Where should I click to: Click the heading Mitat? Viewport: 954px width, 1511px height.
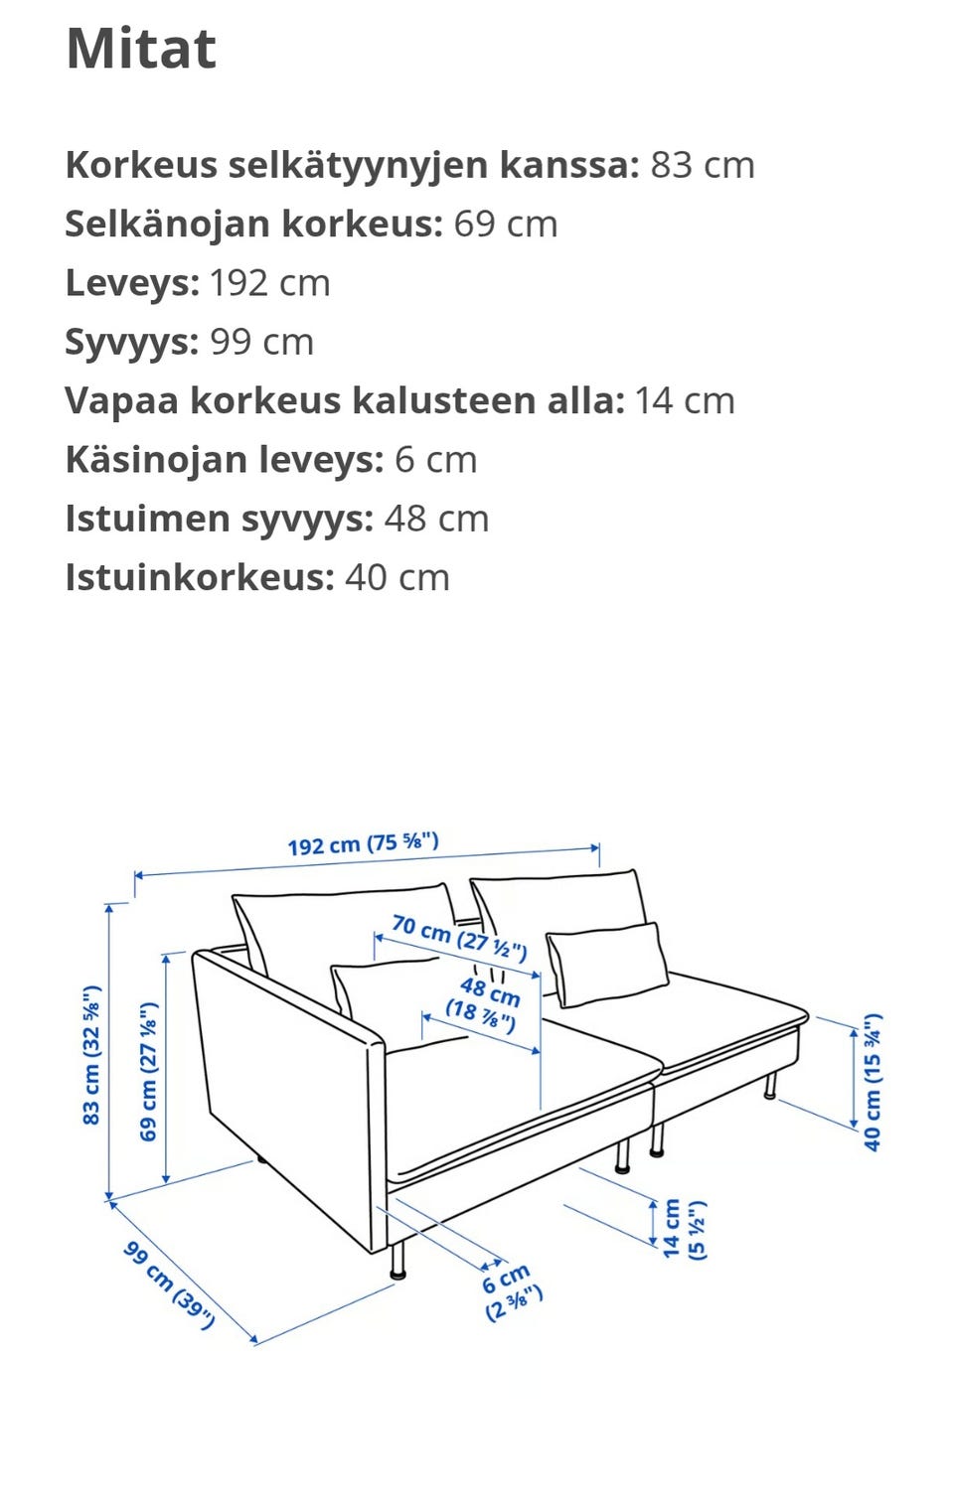point(141,48)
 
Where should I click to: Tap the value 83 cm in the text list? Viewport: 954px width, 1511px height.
point(702,165)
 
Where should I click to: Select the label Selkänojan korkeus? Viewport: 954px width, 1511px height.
point(253,224)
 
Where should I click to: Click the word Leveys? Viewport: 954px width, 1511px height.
point(132,283)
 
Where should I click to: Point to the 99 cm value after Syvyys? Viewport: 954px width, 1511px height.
point(261,342)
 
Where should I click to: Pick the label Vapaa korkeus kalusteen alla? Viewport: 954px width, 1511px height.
point(345,400)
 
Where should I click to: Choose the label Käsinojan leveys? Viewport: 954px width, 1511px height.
point(224,460)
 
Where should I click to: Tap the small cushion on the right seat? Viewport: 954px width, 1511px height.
point(606,964)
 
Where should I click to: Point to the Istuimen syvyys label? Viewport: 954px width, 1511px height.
point(219,519)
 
